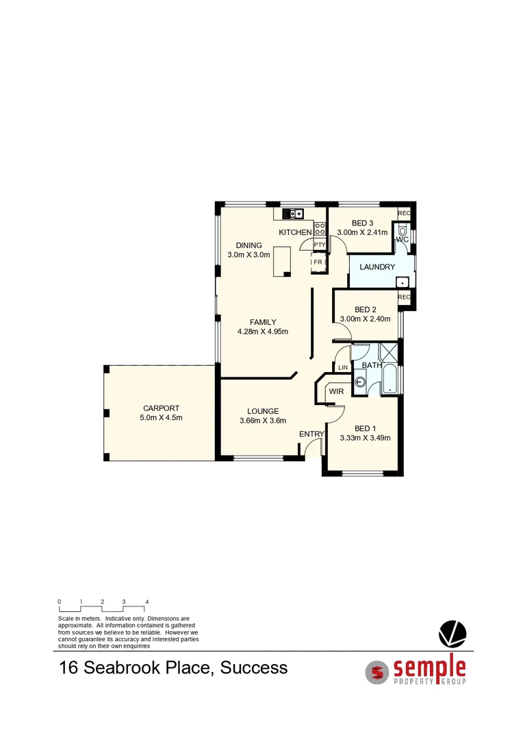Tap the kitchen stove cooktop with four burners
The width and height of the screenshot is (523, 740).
click(319, 228)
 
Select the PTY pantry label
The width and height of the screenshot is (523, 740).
click(319, 245)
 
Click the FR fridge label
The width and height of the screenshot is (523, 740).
click(318, 262)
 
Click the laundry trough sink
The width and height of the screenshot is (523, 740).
click(403, 281)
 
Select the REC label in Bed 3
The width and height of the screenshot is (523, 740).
click(404, 214)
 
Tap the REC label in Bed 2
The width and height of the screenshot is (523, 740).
click(404, 297)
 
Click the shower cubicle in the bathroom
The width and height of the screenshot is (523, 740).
click(389, 353)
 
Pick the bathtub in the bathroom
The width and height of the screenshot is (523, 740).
click(389, 382)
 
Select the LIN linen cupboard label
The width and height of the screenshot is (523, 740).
click(343, 368)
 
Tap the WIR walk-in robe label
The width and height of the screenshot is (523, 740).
click(336, 391)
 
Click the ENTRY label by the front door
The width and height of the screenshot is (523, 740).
click(311, 434)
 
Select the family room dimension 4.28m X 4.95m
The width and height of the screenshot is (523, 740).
click(263, 332)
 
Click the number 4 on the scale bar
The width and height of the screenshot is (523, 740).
click(146, 602)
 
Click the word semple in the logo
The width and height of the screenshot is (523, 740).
click(429, 667)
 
